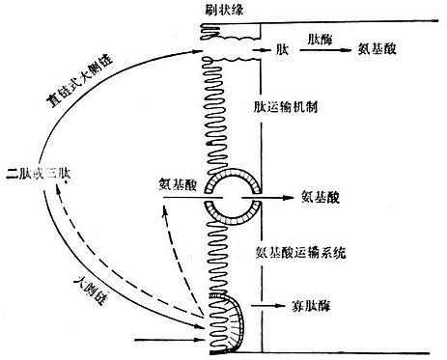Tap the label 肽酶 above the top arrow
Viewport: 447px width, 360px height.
coord(321,36)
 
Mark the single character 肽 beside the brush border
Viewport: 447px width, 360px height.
coord(280,47)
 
